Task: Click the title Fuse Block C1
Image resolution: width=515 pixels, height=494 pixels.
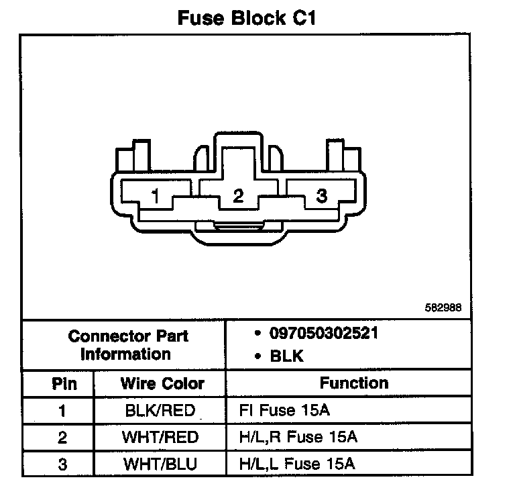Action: pyautogui.click(x=247, y=18)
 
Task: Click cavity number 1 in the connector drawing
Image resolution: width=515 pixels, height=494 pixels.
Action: pyautogui.click(x=156, y=196)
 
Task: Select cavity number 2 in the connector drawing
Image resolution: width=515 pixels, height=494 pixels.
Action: pyautogui.click(x=238, y=196)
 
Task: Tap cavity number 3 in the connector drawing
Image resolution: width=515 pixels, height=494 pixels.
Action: pyautogui.click(x=322, y=196)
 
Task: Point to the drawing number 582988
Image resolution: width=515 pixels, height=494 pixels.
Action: pyautogui.click(x=443, y=309)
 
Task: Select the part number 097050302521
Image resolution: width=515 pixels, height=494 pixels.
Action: pyautogui.click(x=324, y=334)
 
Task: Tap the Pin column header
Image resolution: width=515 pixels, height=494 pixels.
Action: pyautogui.click(x=64, y=384)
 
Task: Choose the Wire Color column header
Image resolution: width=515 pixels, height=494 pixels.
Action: pyautogui.click(x=162, y=384)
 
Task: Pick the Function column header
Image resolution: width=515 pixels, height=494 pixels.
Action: pyautogui.click(x=353, y=383)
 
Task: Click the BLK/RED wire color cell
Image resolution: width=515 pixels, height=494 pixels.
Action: pyautogui.click(x=162, y=411)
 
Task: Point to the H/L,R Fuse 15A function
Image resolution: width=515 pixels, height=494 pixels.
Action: pyautogui.click(x=298, y=438)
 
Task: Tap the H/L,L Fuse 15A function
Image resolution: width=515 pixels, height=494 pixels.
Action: pyautogui.click(x=297, y=464)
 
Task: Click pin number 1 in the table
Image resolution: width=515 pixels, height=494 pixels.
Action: pyautogui.click(x=62, y=411)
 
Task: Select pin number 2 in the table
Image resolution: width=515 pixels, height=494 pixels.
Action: pyautogui.click(x=62, y=438)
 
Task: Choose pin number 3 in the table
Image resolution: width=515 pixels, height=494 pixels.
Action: pyautogui.click(x=62, y=464)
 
